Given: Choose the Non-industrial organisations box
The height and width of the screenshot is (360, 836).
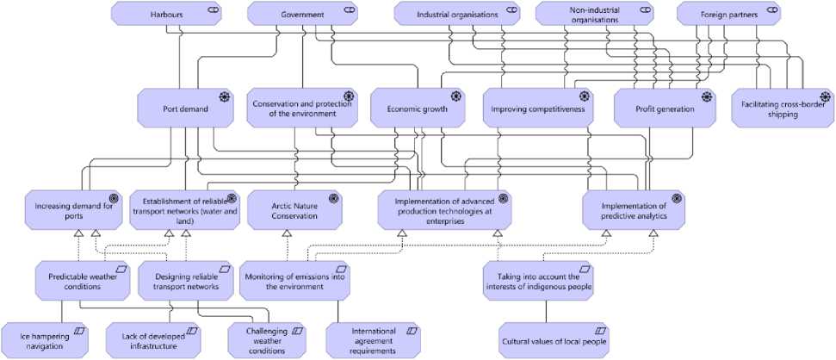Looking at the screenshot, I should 590,14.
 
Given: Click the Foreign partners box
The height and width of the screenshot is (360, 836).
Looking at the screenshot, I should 728,14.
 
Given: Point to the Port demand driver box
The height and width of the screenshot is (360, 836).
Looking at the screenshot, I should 185,109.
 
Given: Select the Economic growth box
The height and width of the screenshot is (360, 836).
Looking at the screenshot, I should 417,109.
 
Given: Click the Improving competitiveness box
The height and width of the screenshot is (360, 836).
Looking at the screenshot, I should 537,109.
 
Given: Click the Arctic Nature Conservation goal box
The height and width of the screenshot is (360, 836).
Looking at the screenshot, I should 295,210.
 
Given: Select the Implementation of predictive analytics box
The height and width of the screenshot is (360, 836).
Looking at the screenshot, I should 634,210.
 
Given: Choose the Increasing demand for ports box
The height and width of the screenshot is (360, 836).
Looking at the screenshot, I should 73,210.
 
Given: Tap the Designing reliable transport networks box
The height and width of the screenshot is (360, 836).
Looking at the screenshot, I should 186,281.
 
